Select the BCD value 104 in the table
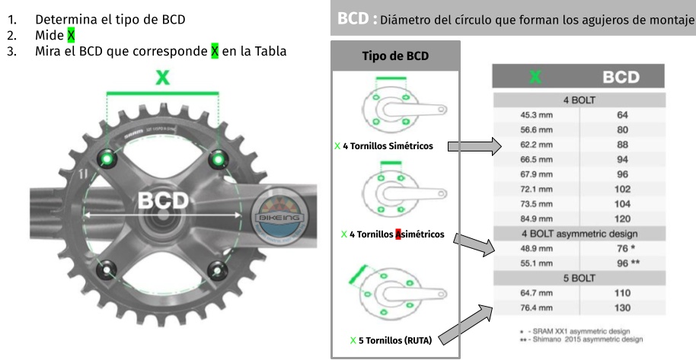click(621, 203)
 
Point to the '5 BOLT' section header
click(579, 278)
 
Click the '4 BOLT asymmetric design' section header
click(579, 234)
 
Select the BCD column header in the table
click(621, 77)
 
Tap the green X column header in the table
click(535, 77)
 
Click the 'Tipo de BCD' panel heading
click(394, 56)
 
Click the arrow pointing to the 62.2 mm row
click(474, 145)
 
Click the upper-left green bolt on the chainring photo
click(107, 158)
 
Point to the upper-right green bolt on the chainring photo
click(219, 158)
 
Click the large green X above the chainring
click(162, 77)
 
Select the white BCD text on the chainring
click(162, 199)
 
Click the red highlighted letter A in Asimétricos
click(397, 234)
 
